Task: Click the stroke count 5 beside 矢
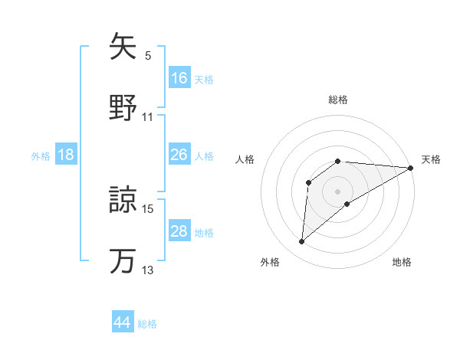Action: pyautogui.click(x=147, y=56)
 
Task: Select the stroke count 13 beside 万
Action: pyautogui.click(x=147, y=270)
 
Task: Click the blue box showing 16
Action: pyautogui.click(x=179, y=77)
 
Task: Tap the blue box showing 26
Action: pyautogui.click(x=179, y=155)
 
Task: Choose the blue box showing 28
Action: pyautogui.click(x=179, y=231)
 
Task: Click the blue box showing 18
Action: pyautogui.click(x=66, y=155)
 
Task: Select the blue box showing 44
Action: pyautogui.click(x=123, y=322)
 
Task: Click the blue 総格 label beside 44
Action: pyautogui.click(x=147, y=324)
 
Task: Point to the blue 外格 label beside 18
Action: pyautogui.click(x=41, y=156)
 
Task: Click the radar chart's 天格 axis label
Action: pyautogui.click(x=431, y=159)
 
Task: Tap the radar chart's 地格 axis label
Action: pyautogui.click(x=402, y=262)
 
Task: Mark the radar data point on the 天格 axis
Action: pyautogui.click(x=411, y=168)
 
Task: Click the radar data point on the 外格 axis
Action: pyautogui.click(x=301, y=242)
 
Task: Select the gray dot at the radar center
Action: pyautogui.click(x=338, y=191)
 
